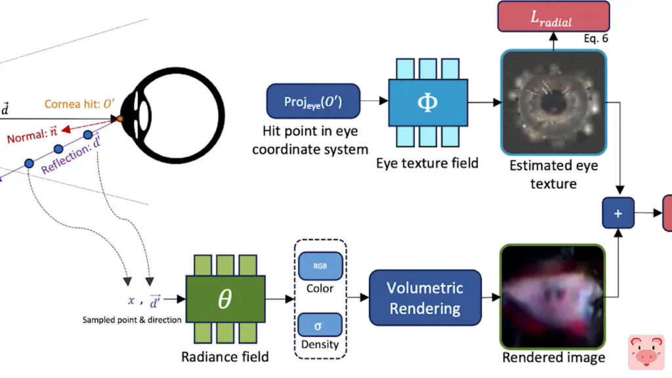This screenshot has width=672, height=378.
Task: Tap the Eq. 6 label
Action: pos(595,39)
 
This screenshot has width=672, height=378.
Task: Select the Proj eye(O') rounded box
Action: pos(313,101)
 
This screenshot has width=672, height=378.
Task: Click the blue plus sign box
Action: pos(618,213)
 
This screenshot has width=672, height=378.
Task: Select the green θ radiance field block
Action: pos(224,299)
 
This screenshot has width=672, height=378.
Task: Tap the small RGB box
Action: pos(320,265)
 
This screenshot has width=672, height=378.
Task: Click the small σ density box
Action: pos(320,325)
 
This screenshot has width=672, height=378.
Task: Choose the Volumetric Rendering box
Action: pos(425,297)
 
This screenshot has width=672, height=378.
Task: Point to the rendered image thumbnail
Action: pos(552,297)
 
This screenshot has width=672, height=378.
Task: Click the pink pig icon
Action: pos(646,352)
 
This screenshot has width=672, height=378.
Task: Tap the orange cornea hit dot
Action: pos(120,119)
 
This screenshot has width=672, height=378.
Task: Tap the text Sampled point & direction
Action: pos(132,320)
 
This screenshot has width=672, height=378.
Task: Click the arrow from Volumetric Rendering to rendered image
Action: pos(490,298)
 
